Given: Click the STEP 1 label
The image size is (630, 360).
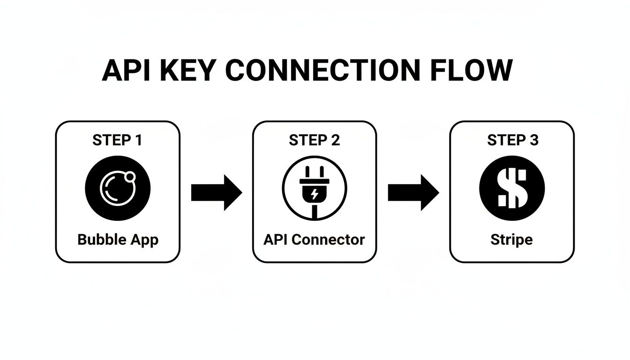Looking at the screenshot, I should [x=117, y=140].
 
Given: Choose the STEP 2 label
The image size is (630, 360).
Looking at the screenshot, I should [x=314, y=140].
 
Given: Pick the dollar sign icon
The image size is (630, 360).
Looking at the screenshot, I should [x=512, y=188].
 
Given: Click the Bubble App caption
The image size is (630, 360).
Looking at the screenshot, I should [x=118, y=240].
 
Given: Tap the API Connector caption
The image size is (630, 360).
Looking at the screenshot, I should [x=314, y=240].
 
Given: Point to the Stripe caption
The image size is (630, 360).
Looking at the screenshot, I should [x=511, y=240].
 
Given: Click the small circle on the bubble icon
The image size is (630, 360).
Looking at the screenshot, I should [x=131, y=176].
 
